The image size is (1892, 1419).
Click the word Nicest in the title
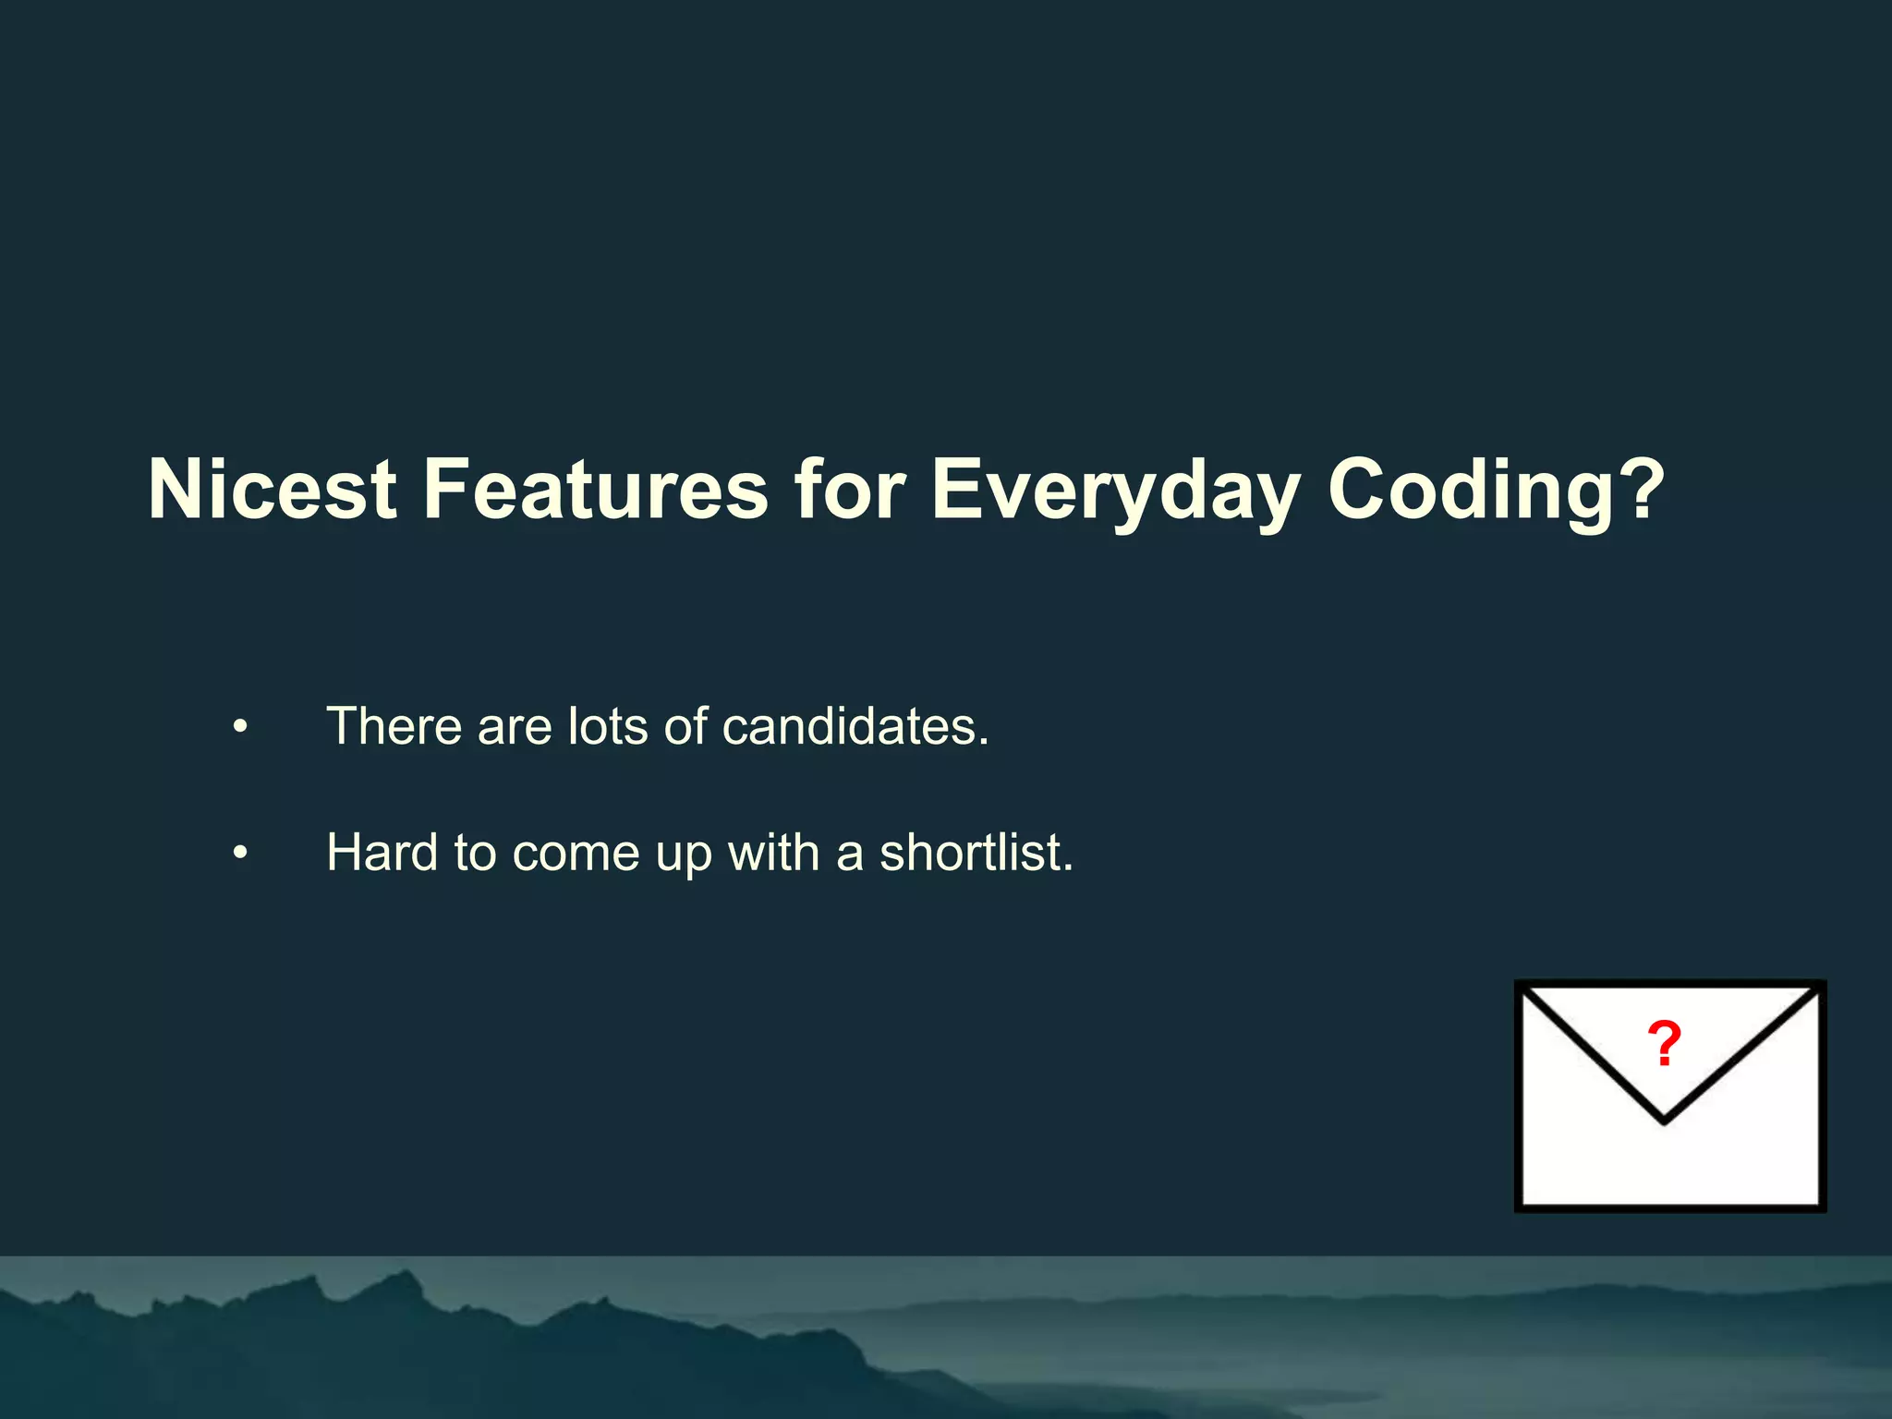[273, 490]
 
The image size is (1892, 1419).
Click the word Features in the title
[595, 490]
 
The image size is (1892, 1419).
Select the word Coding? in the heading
[1496, 490]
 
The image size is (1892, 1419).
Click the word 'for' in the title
[849, 490]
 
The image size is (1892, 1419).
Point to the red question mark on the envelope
[1664, 1045]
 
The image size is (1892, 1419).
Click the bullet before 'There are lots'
[240, 728]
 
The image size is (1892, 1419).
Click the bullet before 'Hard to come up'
[240, 854]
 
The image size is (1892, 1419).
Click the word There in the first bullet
[394, 726]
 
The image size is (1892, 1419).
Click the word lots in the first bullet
[607, 726]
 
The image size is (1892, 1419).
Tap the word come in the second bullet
[576, 854]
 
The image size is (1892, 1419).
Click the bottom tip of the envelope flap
[1664, 1121]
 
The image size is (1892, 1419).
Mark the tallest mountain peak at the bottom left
[403, 1275]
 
